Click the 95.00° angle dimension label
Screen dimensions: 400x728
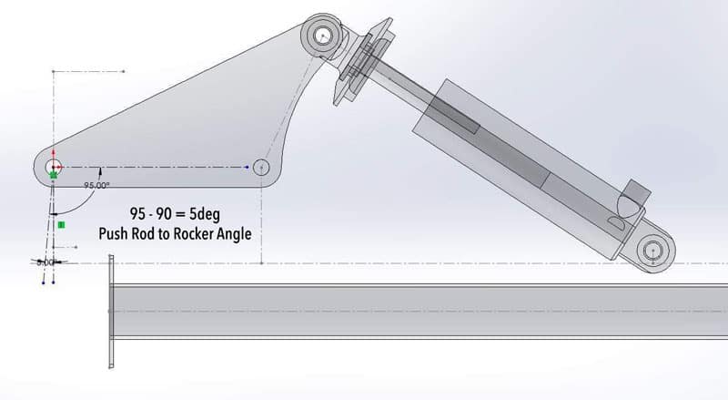tap(96, 185)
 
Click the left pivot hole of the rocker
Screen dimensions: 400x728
tap(54, 167)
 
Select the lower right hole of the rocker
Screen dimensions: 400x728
tap(263, 168)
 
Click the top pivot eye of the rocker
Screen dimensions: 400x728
tap(325, 36)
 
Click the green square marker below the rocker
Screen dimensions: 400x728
tap(61, 223)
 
